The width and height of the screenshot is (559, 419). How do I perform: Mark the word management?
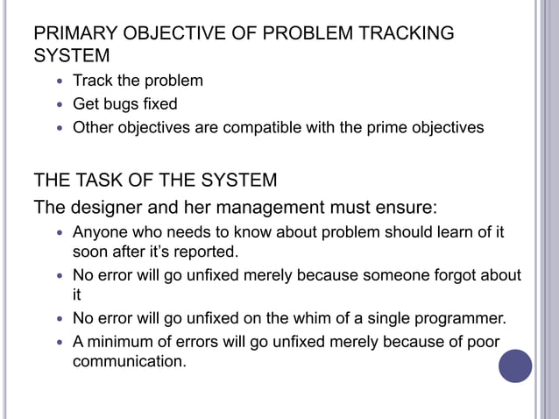point(272,209)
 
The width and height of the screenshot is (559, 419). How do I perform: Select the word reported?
point(206,252)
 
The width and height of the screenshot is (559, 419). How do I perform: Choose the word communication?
point(129,360)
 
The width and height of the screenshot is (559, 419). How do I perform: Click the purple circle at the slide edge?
point(515,366)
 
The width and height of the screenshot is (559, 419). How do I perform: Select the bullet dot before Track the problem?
point(59,82)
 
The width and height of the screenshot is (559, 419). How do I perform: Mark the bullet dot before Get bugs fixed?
point(59,105)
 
